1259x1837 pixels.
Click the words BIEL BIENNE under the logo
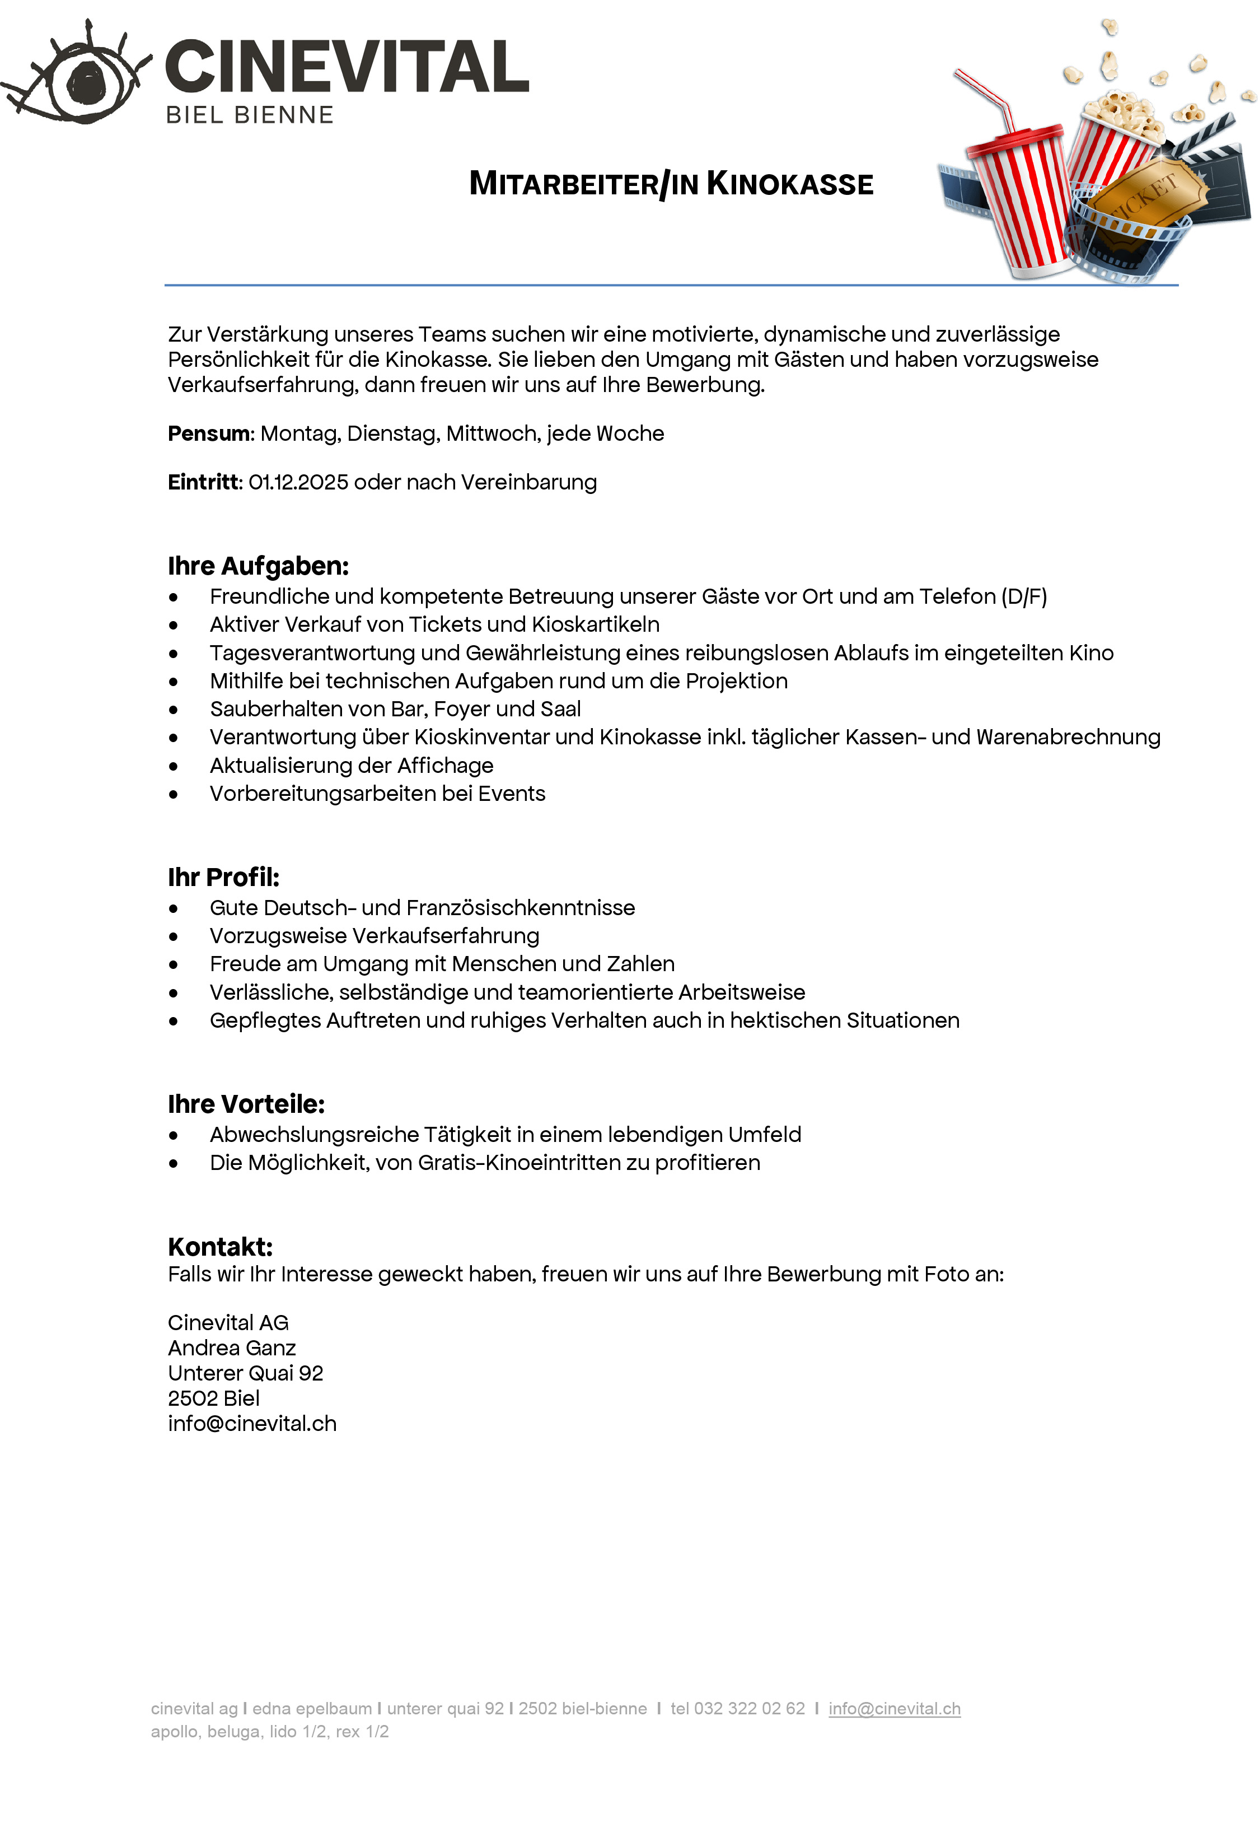tap(250, 115)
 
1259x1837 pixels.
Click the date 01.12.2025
tap(298, 482)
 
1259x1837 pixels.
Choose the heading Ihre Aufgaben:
tap(258, 566)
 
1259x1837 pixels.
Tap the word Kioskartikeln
tap(595, 624)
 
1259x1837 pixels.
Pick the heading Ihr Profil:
tap(224, 878)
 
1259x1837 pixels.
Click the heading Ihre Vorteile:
tap(246, 1104)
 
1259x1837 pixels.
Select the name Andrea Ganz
tap(232, 1348)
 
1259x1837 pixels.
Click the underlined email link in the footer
tap(894, 1709)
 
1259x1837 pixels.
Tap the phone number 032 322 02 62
tap(749, 1709)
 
